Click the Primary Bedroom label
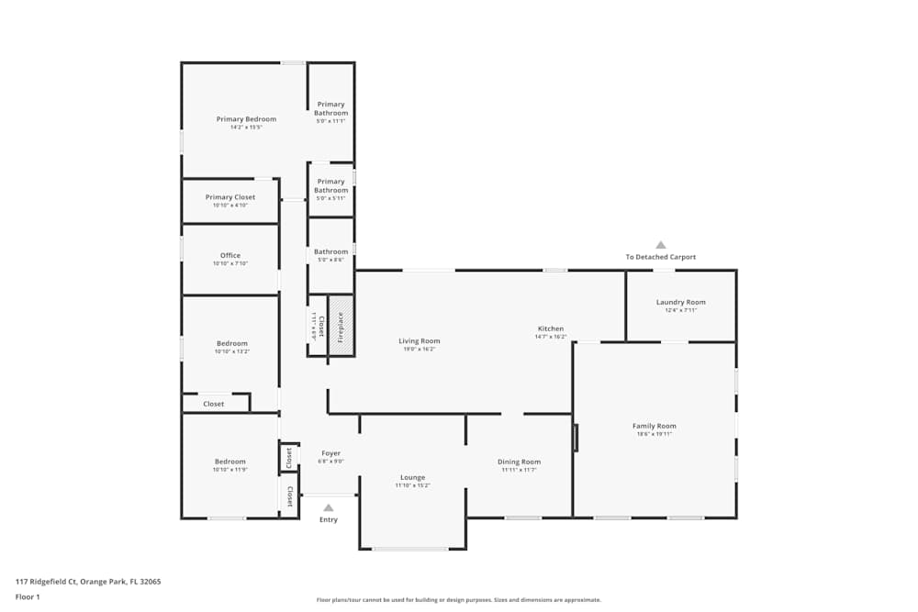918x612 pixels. (246, 119)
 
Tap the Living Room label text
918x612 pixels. (420, 341)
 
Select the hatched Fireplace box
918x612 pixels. (341, 326)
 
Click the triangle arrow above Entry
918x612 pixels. (328, 506)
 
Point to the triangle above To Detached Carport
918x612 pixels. (660, 245)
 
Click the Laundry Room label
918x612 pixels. (680, 302)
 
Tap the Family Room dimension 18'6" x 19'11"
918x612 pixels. (654, 434)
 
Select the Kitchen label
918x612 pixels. (551, 328)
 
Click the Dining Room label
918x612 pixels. (519, 462)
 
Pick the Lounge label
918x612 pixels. (412, 477)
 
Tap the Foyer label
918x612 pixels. (330, 453)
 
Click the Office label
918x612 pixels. (229, 256)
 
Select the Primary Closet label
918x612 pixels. (230, 197)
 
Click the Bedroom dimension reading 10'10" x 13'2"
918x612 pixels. (232, 351)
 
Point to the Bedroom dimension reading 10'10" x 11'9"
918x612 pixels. (230, 470)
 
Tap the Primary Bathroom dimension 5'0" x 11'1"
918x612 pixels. (330, 121)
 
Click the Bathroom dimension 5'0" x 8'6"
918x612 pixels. (331, 260)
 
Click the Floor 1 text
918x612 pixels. (28, 596)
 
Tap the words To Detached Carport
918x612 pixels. (661, 257)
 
